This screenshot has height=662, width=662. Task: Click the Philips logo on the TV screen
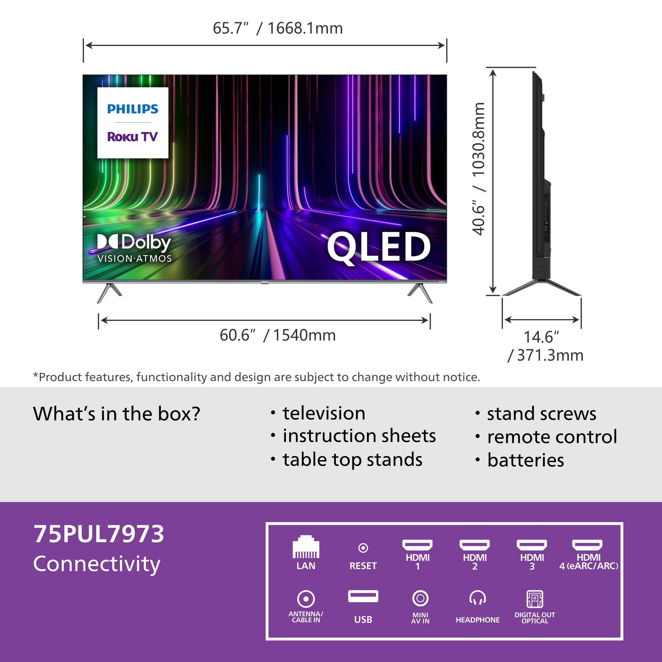click(x=133, y=109)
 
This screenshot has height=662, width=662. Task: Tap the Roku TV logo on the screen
click(x=133, y=137)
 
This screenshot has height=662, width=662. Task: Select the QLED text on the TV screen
click(x=379, y=246)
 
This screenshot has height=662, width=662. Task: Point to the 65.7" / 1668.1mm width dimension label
click(x=278, y=28)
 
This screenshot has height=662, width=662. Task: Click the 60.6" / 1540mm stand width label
click(x=278, y=335)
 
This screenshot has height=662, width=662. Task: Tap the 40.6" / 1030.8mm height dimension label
click(x=479, y=169)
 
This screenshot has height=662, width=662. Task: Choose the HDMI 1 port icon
click(x=417, y=545)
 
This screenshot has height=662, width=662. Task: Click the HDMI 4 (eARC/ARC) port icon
click(x=587, y=545)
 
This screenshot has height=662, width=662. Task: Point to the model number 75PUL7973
click(x=99, y=534)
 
